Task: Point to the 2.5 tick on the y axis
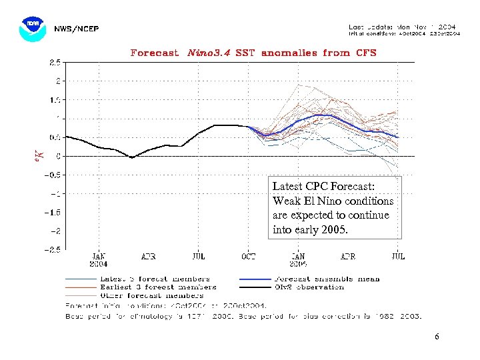point(54,62)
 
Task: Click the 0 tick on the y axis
point(59,156)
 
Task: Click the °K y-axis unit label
point(39,156)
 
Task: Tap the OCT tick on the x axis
point(248,255)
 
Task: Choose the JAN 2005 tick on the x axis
point(298,259)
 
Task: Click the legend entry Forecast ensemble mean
point(327,279)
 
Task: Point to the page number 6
point(437,337)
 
